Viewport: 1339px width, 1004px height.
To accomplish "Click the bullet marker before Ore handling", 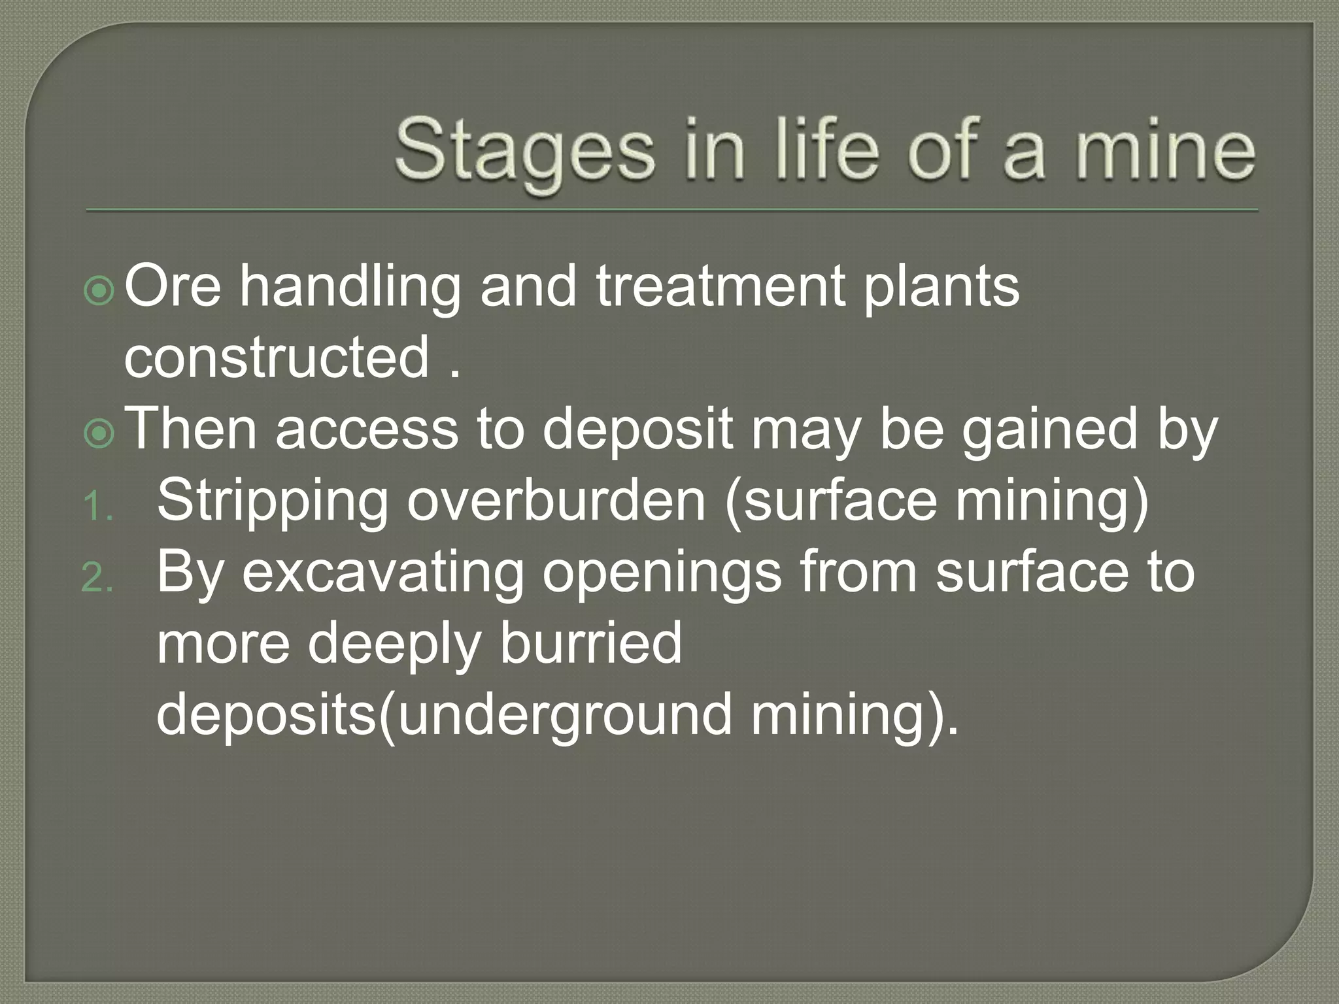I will click(99, 292).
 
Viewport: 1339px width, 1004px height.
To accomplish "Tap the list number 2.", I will click(98, 578).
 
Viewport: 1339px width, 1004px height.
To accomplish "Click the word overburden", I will click(556, 501).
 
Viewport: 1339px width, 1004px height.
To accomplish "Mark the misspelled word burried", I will click(591, 643).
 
